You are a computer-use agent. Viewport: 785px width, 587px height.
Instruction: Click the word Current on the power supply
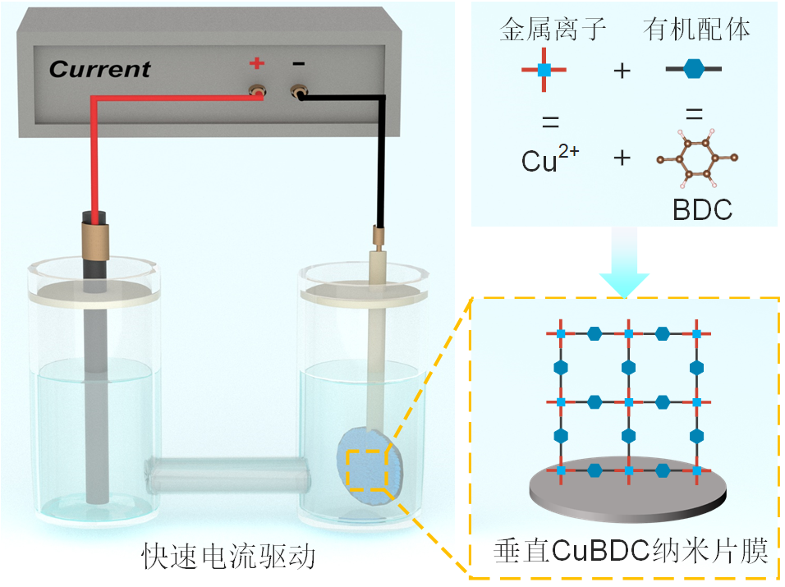[x=100, y=69]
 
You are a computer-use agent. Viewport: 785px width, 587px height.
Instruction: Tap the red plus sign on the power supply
[x=257, y=62]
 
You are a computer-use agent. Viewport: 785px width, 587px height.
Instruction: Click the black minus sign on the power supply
[x=299, y=63]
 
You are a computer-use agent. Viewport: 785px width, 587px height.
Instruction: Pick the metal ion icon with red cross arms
[x=543, y=70]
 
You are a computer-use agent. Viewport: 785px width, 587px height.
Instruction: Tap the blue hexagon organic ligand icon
[x=694, y=70]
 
